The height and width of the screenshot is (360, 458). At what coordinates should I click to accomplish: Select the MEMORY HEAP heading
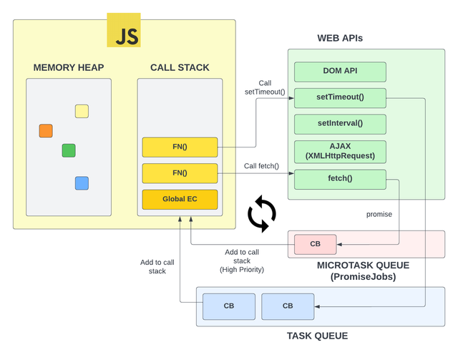[x=69, y=68]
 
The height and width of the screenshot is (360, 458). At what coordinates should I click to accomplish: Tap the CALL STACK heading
[x=180, y=68]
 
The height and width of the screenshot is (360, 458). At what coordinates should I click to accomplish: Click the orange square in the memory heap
[x=46, y=130]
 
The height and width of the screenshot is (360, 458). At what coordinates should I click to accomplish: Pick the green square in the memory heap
[x=69, y=150]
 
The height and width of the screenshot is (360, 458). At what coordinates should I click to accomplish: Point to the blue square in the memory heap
[x=82, y=183]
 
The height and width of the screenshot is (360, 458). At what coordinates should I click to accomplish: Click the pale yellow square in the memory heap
[x=82, y=111]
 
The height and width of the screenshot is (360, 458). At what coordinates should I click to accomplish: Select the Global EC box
[x=180, y=199]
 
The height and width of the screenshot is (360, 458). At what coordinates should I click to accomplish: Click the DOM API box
[x=340, y=72]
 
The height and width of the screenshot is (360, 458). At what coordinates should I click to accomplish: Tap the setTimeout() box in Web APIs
[x=340, y=97]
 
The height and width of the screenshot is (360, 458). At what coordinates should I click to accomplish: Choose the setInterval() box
[x=340, y=123]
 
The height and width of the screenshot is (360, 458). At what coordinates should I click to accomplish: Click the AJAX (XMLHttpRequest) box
[x=340, y=150]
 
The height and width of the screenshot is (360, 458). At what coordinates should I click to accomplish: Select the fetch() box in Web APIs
[x=340, y=178]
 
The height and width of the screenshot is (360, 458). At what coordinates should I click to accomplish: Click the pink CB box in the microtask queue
[x=315, y=244]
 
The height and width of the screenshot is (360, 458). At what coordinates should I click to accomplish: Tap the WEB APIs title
[x=340, y=37]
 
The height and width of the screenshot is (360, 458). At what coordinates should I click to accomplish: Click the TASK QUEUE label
[x=317, y=336]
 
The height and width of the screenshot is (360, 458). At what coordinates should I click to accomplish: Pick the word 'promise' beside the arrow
[x=379, y=214]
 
